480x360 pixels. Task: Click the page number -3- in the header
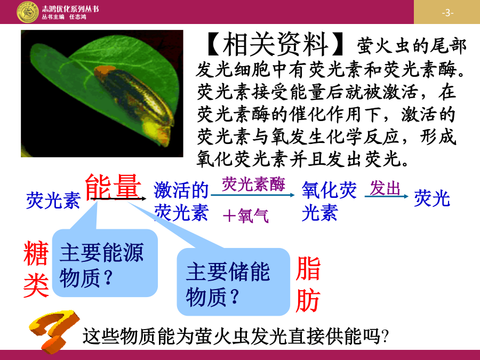(x=447, y=13)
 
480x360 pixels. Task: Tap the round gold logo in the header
(x=28, y=12)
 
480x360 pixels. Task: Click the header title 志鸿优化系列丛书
(x=70, y=9)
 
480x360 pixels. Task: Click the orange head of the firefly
(x=104, y=71)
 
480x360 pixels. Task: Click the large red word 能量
(x=113, y=187)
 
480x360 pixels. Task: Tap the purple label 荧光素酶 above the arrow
(x=253, y=184)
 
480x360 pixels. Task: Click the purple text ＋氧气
(x=246, y=215)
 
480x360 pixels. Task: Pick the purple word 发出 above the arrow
(x=385, y=188)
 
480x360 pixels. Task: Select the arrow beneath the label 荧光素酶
(x=253, y=195)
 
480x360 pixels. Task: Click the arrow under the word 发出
(x=386, y=196)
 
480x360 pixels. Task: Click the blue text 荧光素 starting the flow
(x=53, y=201)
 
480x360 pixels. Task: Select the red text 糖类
(x=36, y=268)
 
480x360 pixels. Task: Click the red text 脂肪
(x=308, y=284)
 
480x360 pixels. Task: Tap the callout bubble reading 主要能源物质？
(x=105, y=263)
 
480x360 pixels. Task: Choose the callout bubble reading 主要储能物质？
(x=233, y=282)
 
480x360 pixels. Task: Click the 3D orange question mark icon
(x=54, y=331)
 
